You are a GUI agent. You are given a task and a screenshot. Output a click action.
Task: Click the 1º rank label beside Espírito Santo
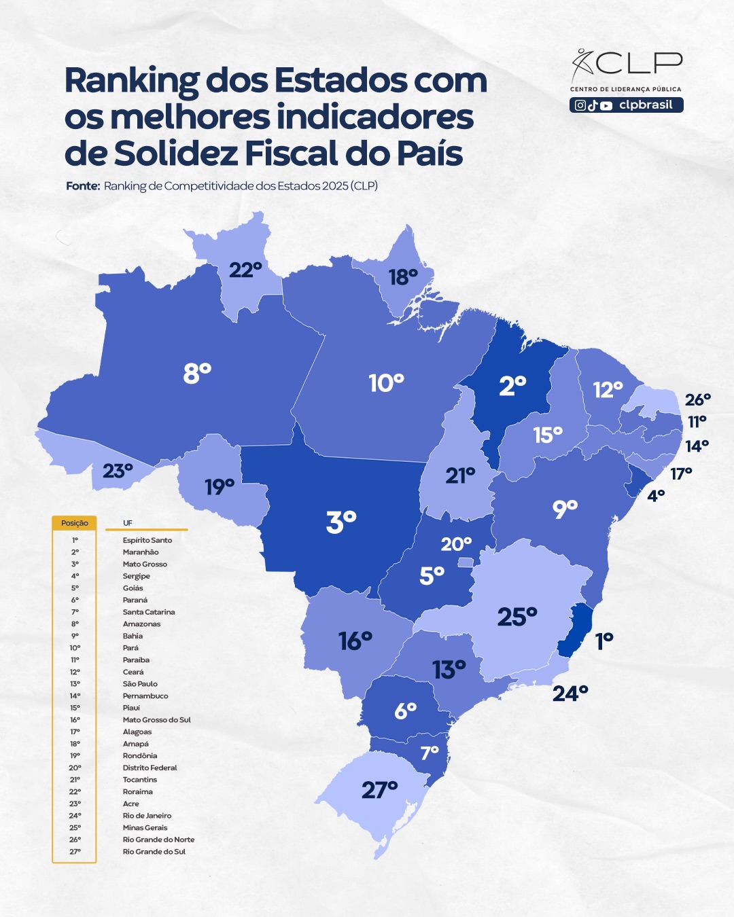point(604,641)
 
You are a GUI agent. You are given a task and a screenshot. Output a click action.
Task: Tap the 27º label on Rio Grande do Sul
point(379,790)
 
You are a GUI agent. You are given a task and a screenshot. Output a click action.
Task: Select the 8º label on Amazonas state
point(197,373)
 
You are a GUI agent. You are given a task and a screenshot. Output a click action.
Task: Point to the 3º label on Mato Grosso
point(341,522)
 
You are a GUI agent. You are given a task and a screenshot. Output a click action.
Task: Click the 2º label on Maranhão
point(512,386)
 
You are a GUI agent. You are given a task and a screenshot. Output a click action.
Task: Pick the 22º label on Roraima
point(245,270)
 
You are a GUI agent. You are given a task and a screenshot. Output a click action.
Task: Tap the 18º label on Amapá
point(403,277)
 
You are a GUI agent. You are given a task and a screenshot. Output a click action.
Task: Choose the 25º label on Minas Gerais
point(517,617)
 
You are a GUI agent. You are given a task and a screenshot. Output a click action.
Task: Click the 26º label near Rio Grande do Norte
point(698,399)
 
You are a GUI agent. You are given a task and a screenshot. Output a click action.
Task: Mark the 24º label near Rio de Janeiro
point(570,694)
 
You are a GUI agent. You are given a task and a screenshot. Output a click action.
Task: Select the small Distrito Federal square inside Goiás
point(465,562)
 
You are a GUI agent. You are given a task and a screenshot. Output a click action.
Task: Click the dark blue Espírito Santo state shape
point(577,628)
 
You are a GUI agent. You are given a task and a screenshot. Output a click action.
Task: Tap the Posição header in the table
point(75,523)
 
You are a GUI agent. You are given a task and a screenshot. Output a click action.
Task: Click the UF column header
point(128,523)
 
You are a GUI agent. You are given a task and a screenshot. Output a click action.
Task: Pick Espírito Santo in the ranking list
point(147,540)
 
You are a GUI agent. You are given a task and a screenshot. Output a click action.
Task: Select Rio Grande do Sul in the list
point(154,851)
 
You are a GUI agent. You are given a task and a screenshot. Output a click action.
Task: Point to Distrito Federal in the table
point(150,768)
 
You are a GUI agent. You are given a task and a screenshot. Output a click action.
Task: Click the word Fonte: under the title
point(83,186)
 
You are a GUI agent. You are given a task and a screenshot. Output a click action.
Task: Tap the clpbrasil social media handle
point(646,105)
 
